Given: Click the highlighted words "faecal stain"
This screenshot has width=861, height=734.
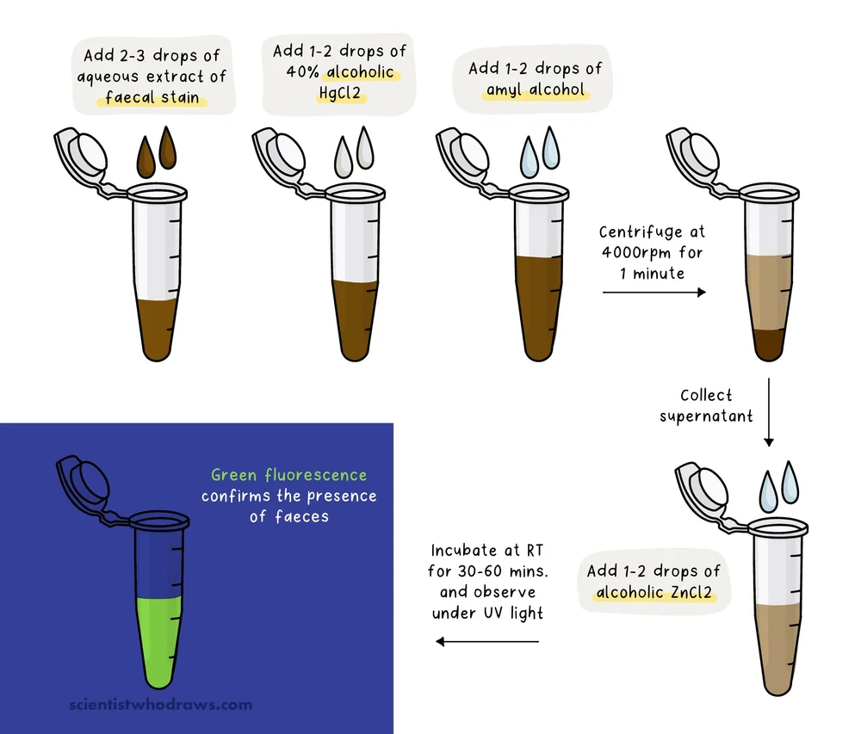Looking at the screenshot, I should (x=152, y=97).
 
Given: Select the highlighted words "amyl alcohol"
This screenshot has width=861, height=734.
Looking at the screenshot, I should (x=535, y=89).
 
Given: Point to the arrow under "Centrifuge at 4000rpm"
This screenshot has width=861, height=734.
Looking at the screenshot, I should (x=653, y=293).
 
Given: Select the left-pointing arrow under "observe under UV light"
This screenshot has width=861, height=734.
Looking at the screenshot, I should (x=487, y=641).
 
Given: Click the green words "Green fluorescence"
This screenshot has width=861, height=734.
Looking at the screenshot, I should (x=288, y=475).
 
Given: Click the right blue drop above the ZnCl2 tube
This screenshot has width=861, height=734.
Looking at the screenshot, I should (x=789, y=482).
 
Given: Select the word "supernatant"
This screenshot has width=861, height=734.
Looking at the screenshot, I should (x=706, y=416).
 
